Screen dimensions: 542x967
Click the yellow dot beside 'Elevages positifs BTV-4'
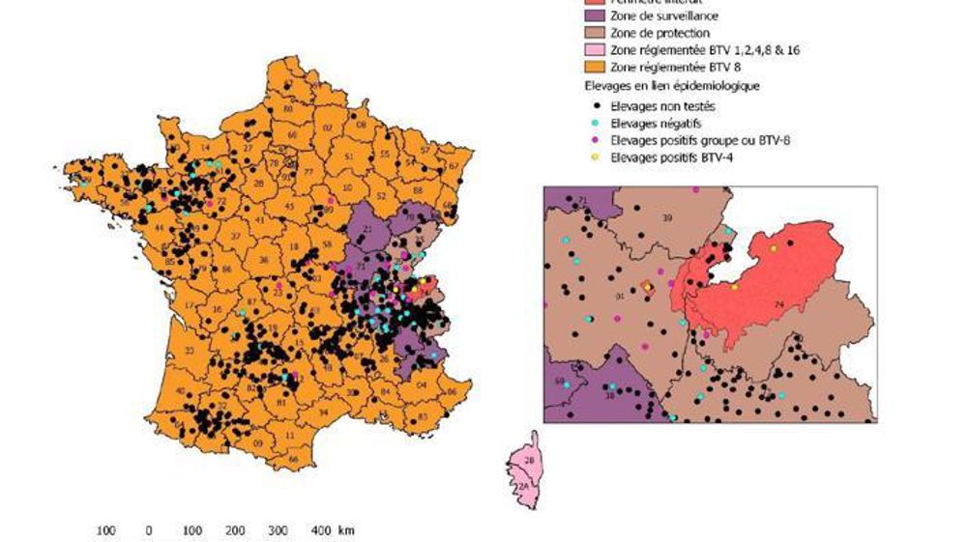coord(590,156)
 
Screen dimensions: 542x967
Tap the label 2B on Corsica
coord(529,460)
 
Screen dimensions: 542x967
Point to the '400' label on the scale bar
coord(320,530)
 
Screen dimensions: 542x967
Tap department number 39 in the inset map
coord(666,218)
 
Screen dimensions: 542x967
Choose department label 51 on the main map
coord(348,157)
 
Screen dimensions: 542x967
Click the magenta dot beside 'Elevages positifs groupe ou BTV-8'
coord(590,140)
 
